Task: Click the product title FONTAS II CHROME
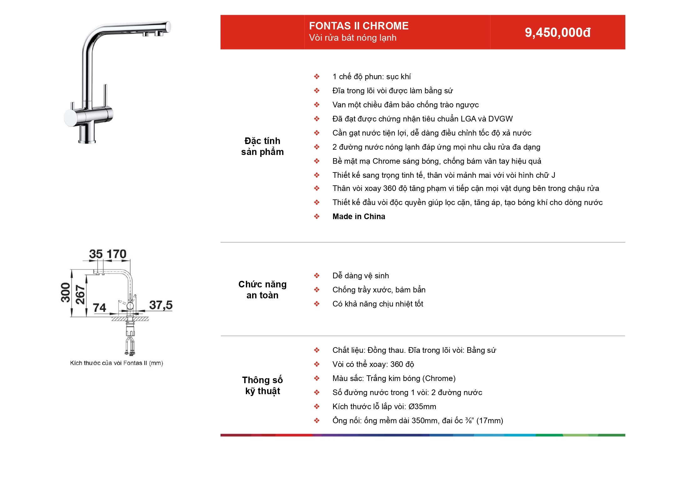[359, 26]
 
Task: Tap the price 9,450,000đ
[558, 33]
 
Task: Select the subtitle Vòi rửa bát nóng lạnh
[353, 38]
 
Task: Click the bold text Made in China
[359, 216]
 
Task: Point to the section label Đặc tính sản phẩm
[262, 146]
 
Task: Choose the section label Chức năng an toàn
[262, 290]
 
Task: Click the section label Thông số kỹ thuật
[262, 385]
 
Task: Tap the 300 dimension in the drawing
[66, 292]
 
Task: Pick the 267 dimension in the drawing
[80, 294]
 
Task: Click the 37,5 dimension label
[161, 305]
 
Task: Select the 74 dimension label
[99, 308]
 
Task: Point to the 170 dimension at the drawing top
[117, 254]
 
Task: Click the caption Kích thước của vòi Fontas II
[116, 363]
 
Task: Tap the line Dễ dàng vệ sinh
[361, 275]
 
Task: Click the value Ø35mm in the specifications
[422, 406]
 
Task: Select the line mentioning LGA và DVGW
[423, 119]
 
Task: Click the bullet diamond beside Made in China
[317, 216]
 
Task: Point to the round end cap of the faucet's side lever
[69, 118]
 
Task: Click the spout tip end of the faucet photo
[169, 27]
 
